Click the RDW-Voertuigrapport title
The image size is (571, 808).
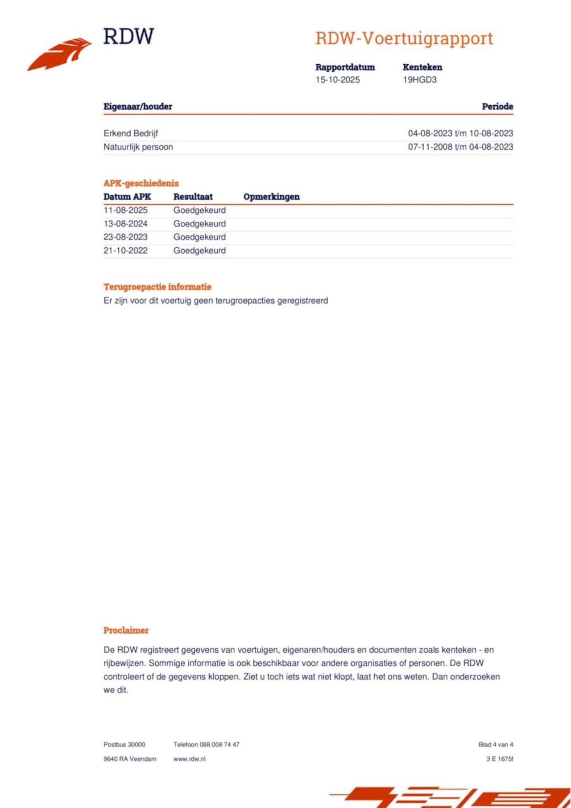tap(404, 38)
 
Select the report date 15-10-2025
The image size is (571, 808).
tap(337, 80)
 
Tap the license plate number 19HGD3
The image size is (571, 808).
tap(419, 80)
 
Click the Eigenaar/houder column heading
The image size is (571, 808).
tap(137, 107)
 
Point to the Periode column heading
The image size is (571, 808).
tap(497, 107)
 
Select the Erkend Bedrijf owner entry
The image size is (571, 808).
tap(131, 133)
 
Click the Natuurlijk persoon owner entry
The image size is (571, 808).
tap(138, 147)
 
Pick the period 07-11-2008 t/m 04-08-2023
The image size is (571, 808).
tap(460, 147)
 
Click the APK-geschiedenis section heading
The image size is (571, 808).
tap(141, 183)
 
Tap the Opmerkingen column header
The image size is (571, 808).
tap(271, 197)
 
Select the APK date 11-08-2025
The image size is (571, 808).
tap(125, 210)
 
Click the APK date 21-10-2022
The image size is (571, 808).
tap(125, 251)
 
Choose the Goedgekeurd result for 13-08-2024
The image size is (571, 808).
tap(199, 224)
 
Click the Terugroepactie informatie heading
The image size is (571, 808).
tap(157, 287)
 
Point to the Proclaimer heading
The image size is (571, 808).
tap(126, 630)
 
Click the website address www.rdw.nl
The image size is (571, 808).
tap(189, 759)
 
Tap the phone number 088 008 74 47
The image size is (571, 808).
tap(219, 744)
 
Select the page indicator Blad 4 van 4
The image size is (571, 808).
tap(495, 744)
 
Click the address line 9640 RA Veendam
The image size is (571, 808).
tap(130, 759)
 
